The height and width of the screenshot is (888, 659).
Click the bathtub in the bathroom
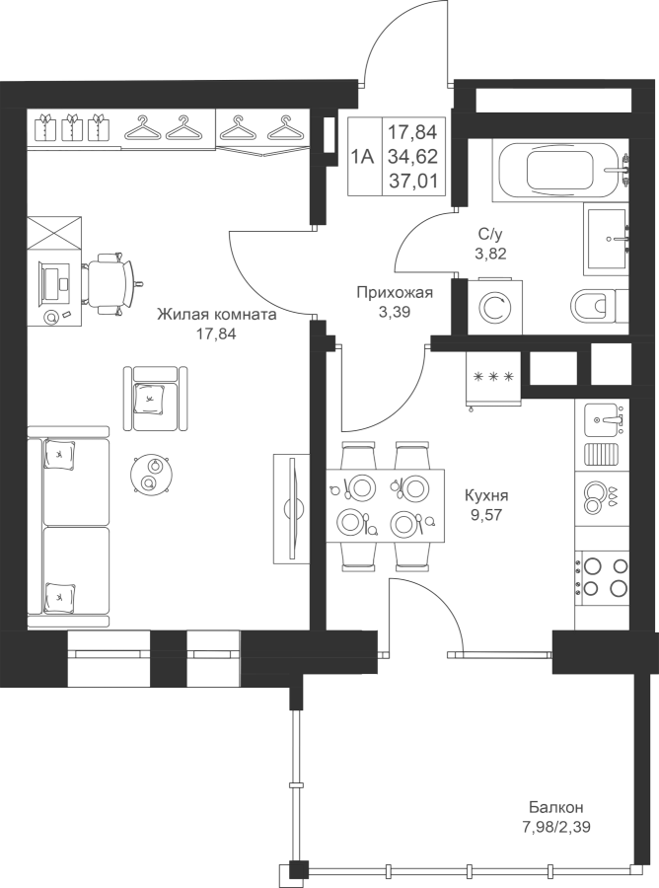click(x=561, y=170)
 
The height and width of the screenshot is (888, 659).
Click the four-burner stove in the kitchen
click(x=603, y=576)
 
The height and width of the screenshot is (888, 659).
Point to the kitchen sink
click(x=603, y=419)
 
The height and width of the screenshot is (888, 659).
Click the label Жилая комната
click(x=217, y=315)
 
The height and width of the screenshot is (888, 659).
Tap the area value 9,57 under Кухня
click(x=486, y=515)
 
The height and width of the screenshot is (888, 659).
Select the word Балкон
click(x=556, y=807)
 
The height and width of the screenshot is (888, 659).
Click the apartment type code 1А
click(x=362, y=156)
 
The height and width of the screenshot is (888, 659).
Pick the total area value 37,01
click(x=412, y=182)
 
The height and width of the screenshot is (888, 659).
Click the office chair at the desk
click(x=110, y=283)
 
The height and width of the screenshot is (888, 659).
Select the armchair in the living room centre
click(x=155, y=399)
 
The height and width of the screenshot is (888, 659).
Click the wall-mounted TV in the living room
click(x=293, y=508)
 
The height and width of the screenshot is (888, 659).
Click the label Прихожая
click(x=394, y=293)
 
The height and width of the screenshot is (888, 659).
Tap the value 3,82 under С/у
click(x=490, y=254)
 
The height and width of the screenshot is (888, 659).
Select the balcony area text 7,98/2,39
click(x=556, y=828)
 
